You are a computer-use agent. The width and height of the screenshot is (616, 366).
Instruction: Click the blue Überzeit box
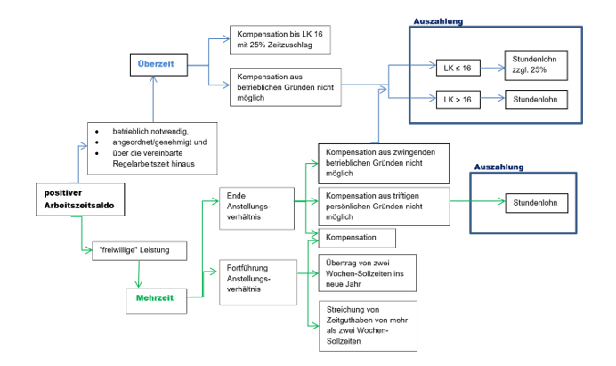click(x=156, y=64)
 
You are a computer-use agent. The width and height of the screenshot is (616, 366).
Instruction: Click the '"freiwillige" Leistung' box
click(x=139, y=250)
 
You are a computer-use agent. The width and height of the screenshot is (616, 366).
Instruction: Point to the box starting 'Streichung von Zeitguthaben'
click(x=366, y=326)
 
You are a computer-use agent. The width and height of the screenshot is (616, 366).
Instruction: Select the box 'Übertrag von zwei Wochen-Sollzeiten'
click(x=366, y=273)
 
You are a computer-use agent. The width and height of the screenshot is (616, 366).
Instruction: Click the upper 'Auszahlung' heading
click(x=438, y=20)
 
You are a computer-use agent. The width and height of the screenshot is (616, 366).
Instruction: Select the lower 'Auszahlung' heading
click(x=499, y=167)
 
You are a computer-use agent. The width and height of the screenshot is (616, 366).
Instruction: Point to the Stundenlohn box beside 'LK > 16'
click(x=535, y=99)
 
